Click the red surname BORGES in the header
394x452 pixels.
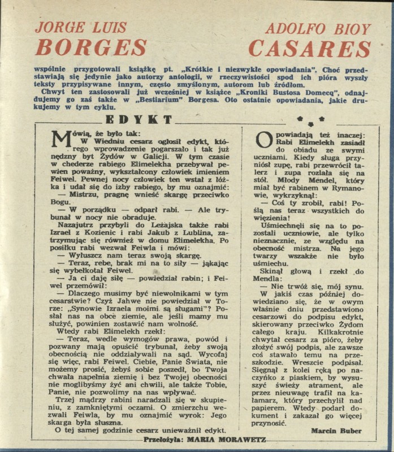91,47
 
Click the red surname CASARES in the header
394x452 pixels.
310,48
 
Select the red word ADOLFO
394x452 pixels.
294,28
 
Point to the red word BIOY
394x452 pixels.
350,28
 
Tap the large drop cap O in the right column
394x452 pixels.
265,139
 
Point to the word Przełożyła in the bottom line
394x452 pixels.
164,438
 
